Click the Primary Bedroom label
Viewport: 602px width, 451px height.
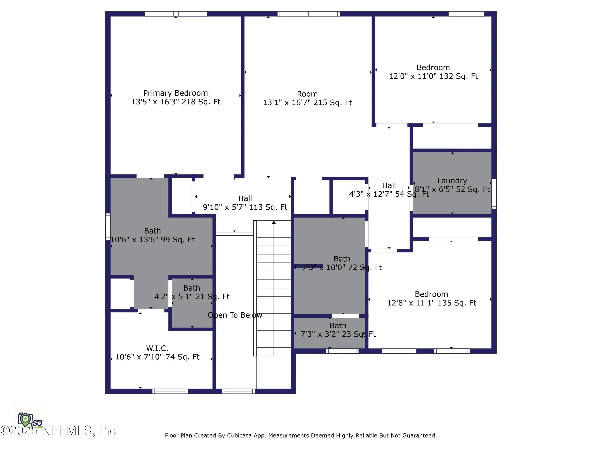coord(176,93)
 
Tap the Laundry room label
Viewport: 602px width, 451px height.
coord(452,181)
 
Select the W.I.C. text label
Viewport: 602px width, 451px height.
coord(157,348)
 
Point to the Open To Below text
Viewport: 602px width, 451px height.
coord(235,315)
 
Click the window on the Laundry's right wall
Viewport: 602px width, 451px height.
coord(494,194)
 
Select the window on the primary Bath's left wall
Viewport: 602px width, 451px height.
coord(108,227)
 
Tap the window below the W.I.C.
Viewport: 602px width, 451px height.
coord(170,391)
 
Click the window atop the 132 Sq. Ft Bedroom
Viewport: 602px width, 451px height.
coord(466,14)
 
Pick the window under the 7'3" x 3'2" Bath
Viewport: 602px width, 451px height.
coord(342,351)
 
